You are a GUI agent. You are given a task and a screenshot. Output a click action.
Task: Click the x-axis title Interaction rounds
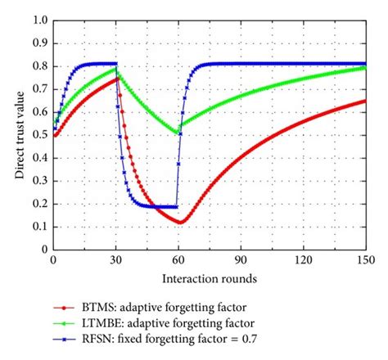pyautogui.click(x=210, y=278)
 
